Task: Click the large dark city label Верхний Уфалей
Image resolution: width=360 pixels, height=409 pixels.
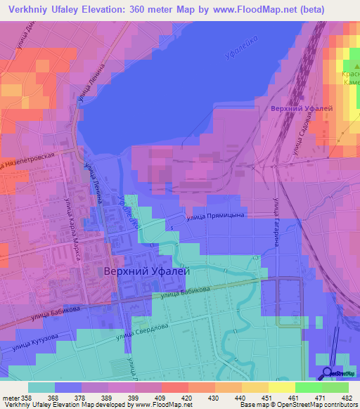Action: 148,271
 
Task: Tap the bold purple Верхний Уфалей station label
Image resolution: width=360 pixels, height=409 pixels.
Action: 301,109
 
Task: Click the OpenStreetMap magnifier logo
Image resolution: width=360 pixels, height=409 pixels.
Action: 327,373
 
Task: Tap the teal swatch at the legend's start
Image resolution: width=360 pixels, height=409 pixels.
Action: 41,387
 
